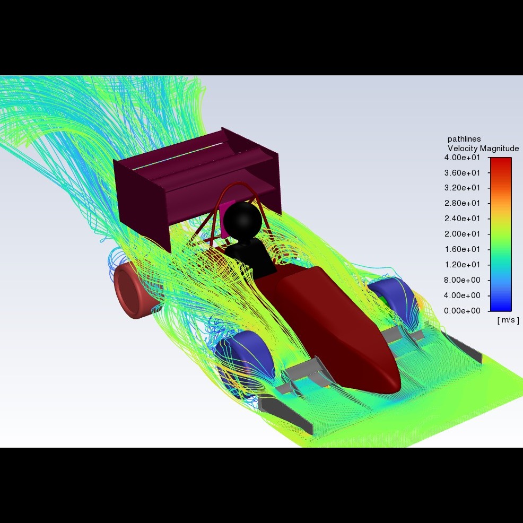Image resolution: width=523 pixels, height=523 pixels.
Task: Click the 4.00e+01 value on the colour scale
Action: [463, 158]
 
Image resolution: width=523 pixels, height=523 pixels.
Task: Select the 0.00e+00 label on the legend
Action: [463, 310]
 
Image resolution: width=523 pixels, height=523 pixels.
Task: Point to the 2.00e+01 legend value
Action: [463, 234]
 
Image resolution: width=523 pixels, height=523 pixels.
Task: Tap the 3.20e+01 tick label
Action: [463, 188]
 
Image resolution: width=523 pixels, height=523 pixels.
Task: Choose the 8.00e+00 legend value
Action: [463, 280]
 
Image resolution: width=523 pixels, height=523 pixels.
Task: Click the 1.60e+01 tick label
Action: [463, 249]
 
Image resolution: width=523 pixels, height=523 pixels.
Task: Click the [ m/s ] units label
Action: [508, 320]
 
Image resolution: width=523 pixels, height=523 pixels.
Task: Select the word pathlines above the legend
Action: [464, 139]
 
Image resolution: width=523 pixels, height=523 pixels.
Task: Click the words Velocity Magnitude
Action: [483, 149]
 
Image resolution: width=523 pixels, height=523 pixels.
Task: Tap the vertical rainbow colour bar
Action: [500, 233]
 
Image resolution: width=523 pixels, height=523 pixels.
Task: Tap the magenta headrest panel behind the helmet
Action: [225, 207]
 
